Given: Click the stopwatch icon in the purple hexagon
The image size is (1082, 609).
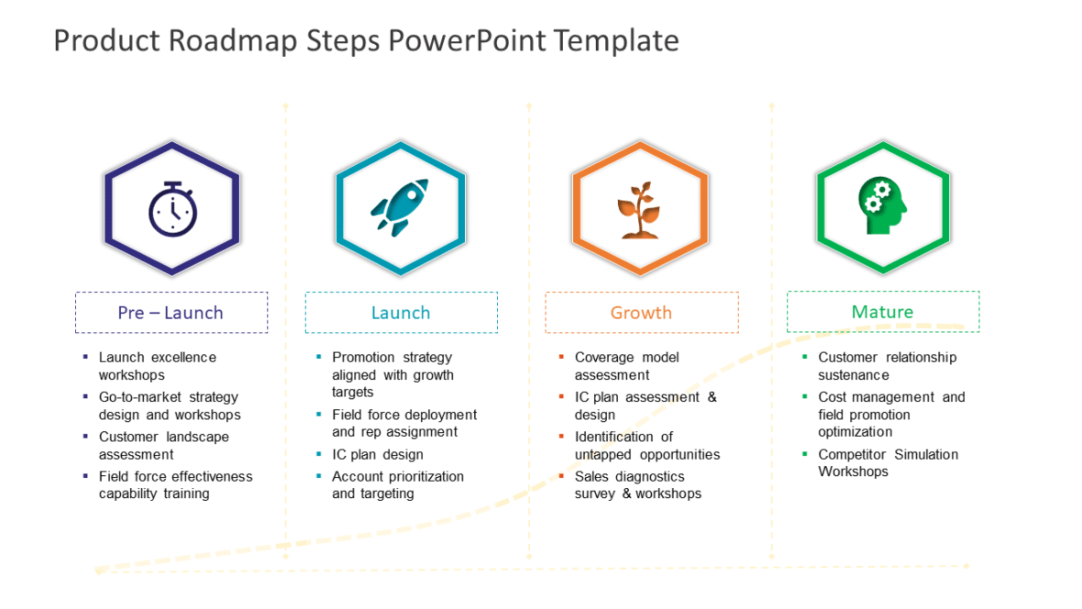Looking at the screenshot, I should (172, 209).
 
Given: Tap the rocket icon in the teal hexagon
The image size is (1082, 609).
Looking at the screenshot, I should (400, 208).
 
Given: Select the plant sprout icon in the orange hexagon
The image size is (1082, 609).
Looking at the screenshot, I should (640, 210).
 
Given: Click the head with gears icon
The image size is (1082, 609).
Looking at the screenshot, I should (881, 206).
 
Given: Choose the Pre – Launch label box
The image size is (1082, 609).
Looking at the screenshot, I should (171, 313).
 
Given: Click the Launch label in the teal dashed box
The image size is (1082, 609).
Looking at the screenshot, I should (401, 313).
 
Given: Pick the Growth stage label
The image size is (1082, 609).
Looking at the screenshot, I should (641, 313).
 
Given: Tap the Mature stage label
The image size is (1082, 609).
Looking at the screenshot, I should (882, 312).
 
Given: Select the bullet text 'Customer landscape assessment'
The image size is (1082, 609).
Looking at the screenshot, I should (164, 446).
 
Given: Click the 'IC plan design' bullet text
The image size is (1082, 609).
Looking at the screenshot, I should (378, 455).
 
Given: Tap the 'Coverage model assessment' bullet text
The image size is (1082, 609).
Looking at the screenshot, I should (627, 366).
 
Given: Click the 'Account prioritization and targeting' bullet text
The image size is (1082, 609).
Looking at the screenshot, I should (398, 485).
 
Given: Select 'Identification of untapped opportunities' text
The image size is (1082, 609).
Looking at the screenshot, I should (646, 446).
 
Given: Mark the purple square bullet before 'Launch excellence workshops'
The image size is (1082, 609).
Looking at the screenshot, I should (85, 357).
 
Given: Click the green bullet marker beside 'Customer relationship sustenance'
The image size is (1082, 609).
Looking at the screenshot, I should (805, 357).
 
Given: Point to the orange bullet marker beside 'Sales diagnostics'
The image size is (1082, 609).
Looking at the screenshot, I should (561, 476).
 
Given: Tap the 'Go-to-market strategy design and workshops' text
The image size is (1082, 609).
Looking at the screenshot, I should (170, 405).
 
